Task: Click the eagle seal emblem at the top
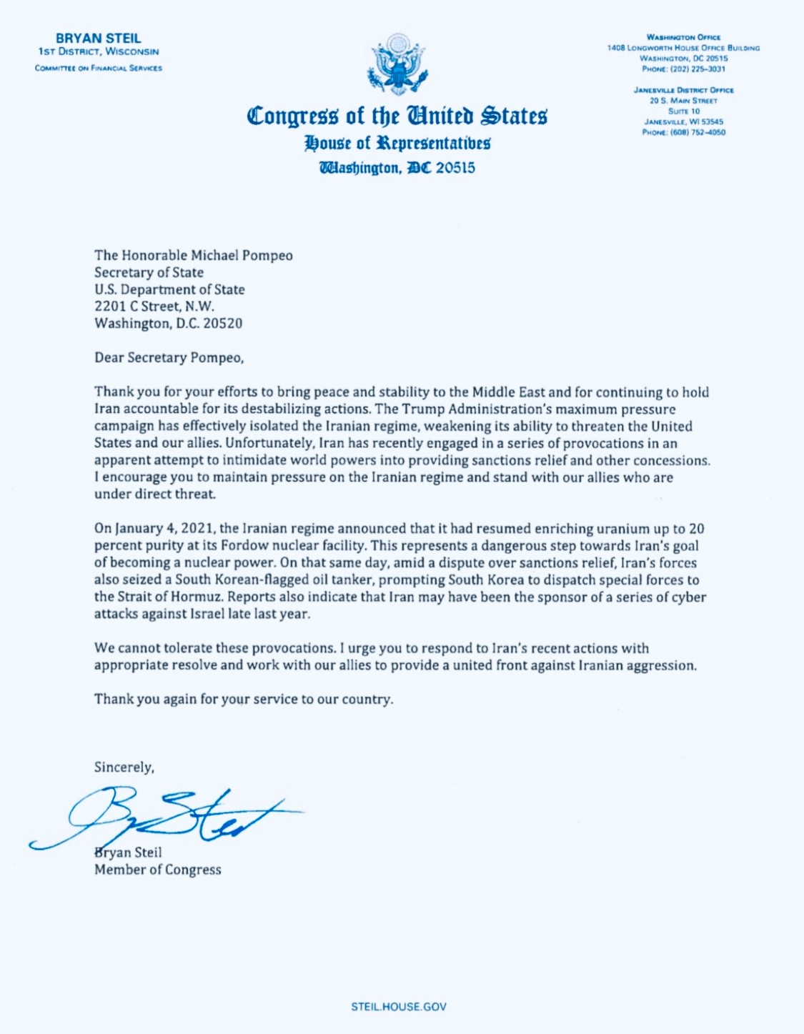pos(397,65)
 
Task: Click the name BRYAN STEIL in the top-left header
pos(99,39)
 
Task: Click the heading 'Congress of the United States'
pos(397,116)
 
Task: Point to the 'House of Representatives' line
pos(397,143)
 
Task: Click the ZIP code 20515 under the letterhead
pos(455,168)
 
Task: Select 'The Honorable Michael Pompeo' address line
pos(193,255)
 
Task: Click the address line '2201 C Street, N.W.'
pos(154,307)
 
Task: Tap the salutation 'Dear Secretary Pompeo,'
pos(169,358)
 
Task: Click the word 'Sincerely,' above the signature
pos(124,767)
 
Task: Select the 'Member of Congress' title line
pos(157,870)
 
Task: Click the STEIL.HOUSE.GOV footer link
pos(398,1006)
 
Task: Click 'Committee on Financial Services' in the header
pos(99,69)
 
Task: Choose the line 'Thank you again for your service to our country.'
pos(243,699)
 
